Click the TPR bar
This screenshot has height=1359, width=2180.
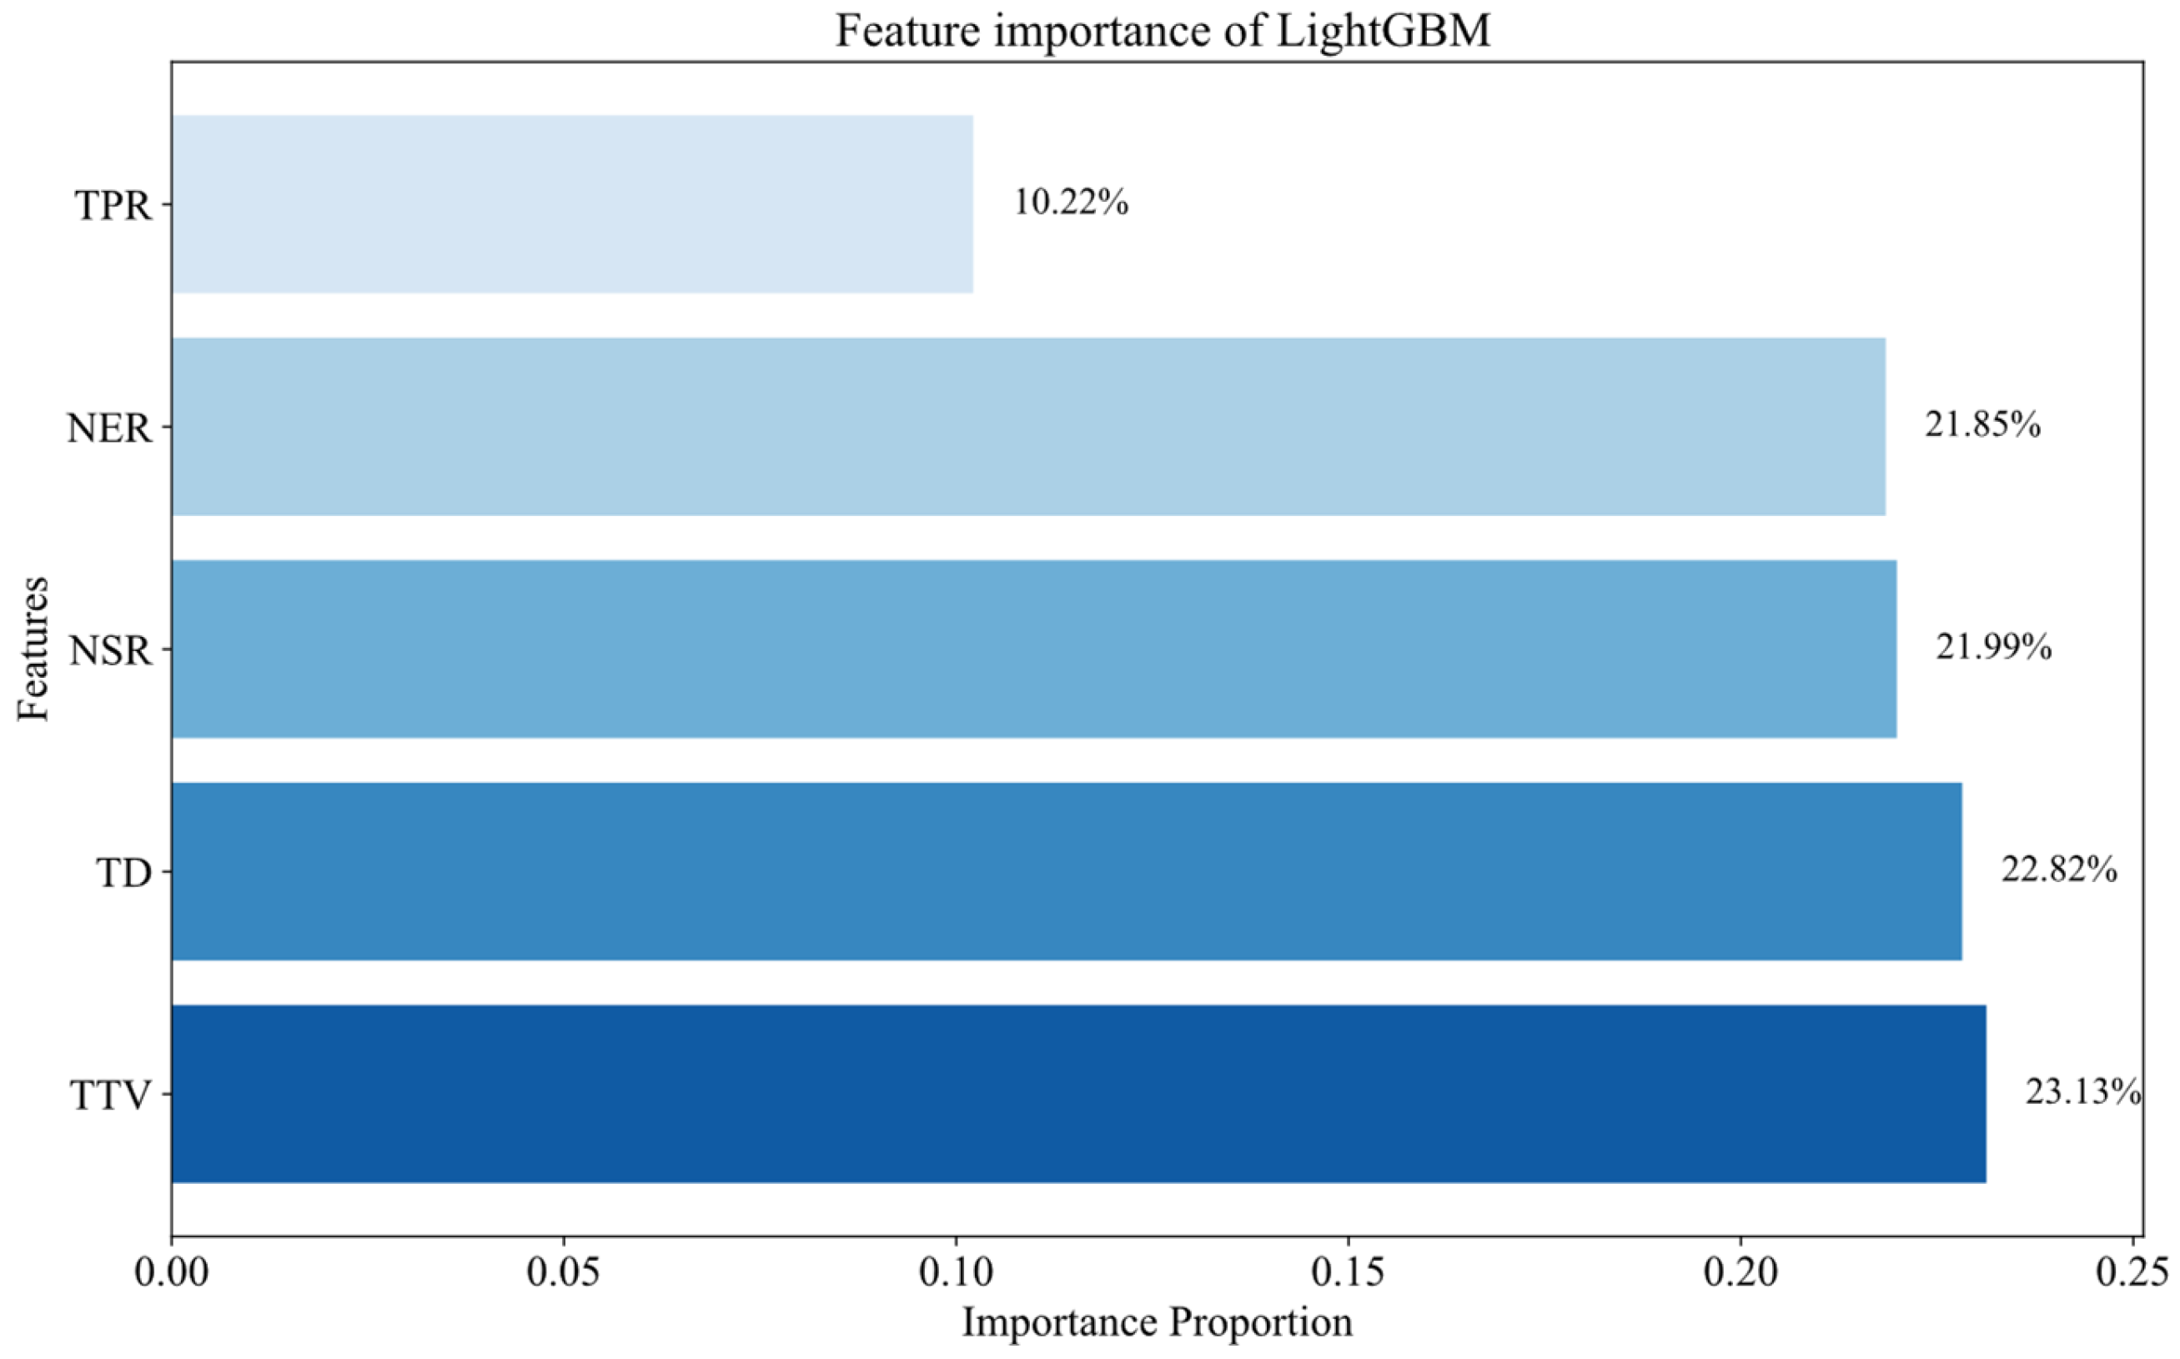[572, 204]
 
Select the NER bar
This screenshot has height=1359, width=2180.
[1027, 427]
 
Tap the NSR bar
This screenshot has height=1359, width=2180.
[1034, 649]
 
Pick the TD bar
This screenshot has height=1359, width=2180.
[1066, 871]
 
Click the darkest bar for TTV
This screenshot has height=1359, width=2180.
[1077, 1093]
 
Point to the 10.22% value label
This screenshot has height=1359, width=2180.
[1071, 203]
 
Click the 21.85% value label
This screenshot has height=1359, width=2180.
[1982, 425]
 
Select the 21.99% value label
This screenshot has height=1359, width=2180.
[1994, 647]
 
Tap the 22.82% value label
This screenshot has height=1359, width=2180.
[2058, 870]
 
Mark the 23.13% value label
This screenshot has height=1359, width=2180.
[2082, 1092]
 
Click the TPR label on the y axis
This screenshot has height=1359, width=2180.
[113, 206]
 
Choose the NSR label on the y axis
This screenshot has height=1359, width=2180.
[112, 651]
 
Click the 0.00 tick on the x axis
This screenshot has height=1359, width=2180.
[172, 1274]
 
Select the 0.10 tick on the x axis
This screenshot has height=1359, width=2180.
[956, 1274]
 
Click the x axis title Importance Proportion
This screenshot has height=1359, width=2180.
[1157, 1322]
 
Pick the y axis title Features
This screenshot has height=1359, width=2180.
[33, 649]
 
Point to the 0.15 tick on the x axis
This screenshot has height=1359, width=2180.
[1348, 1274]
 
